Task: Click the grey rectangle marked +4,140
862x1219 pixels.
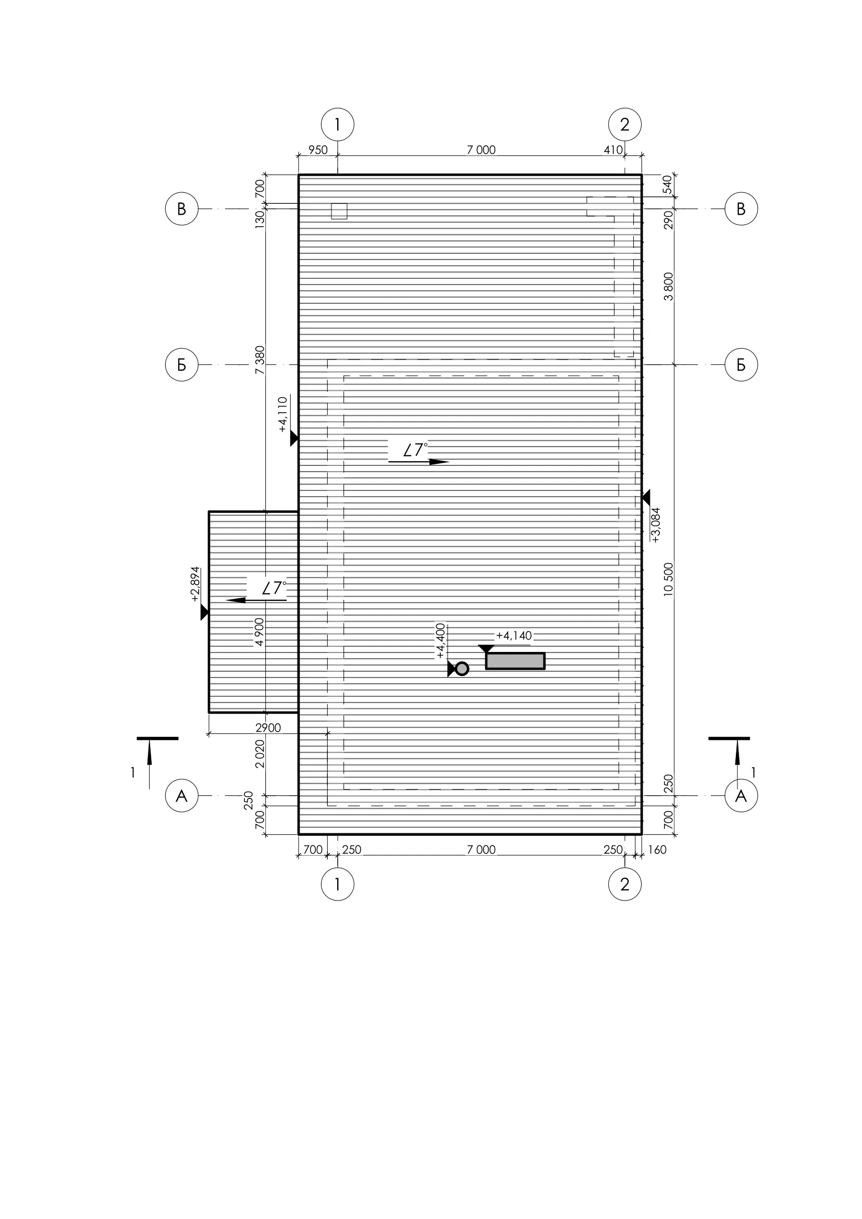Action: [515, 661]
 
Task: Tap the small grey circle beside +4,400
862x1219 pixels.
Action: [462, 669]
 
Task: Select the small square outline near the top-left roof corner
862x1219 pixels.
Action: [339, 211]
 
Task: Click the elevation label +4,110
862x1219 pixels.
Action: [282, 415]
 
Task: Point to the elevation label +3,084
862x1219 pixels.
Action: [656, 525]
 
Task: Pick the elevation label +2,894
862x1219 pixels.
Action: [195, 584]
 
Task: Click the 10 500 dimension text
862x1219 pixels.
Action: [668, 579]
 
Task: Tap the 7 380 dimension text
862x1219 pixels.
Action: [260, 360]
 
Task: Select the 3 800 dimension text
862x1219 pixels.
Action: [668, 287]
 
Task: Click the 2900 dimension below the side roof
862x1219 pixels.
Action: [268, 728]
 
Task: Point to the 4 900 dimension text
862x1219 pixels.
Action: [260, 632]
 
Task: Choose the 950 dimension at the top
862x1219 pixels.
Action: [318, 150]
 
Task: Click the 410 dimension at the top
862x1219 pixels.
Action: [613, 150]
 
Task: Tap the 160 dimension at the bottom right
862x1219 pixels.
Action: [657, 849]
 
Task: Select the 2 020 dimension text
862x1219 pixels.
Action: [260, 754]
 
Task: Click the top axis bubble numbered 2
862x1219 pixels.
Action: [625, 125]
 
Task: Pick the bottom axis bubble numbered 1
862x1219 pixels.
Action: [338, 884]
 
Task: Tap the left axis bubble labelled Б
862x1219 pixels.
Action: [181, 365]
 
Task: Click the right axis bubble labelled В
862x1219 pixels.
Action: [741, 208]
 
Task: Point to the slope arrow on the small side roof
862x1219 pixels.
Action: [256, 600]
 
